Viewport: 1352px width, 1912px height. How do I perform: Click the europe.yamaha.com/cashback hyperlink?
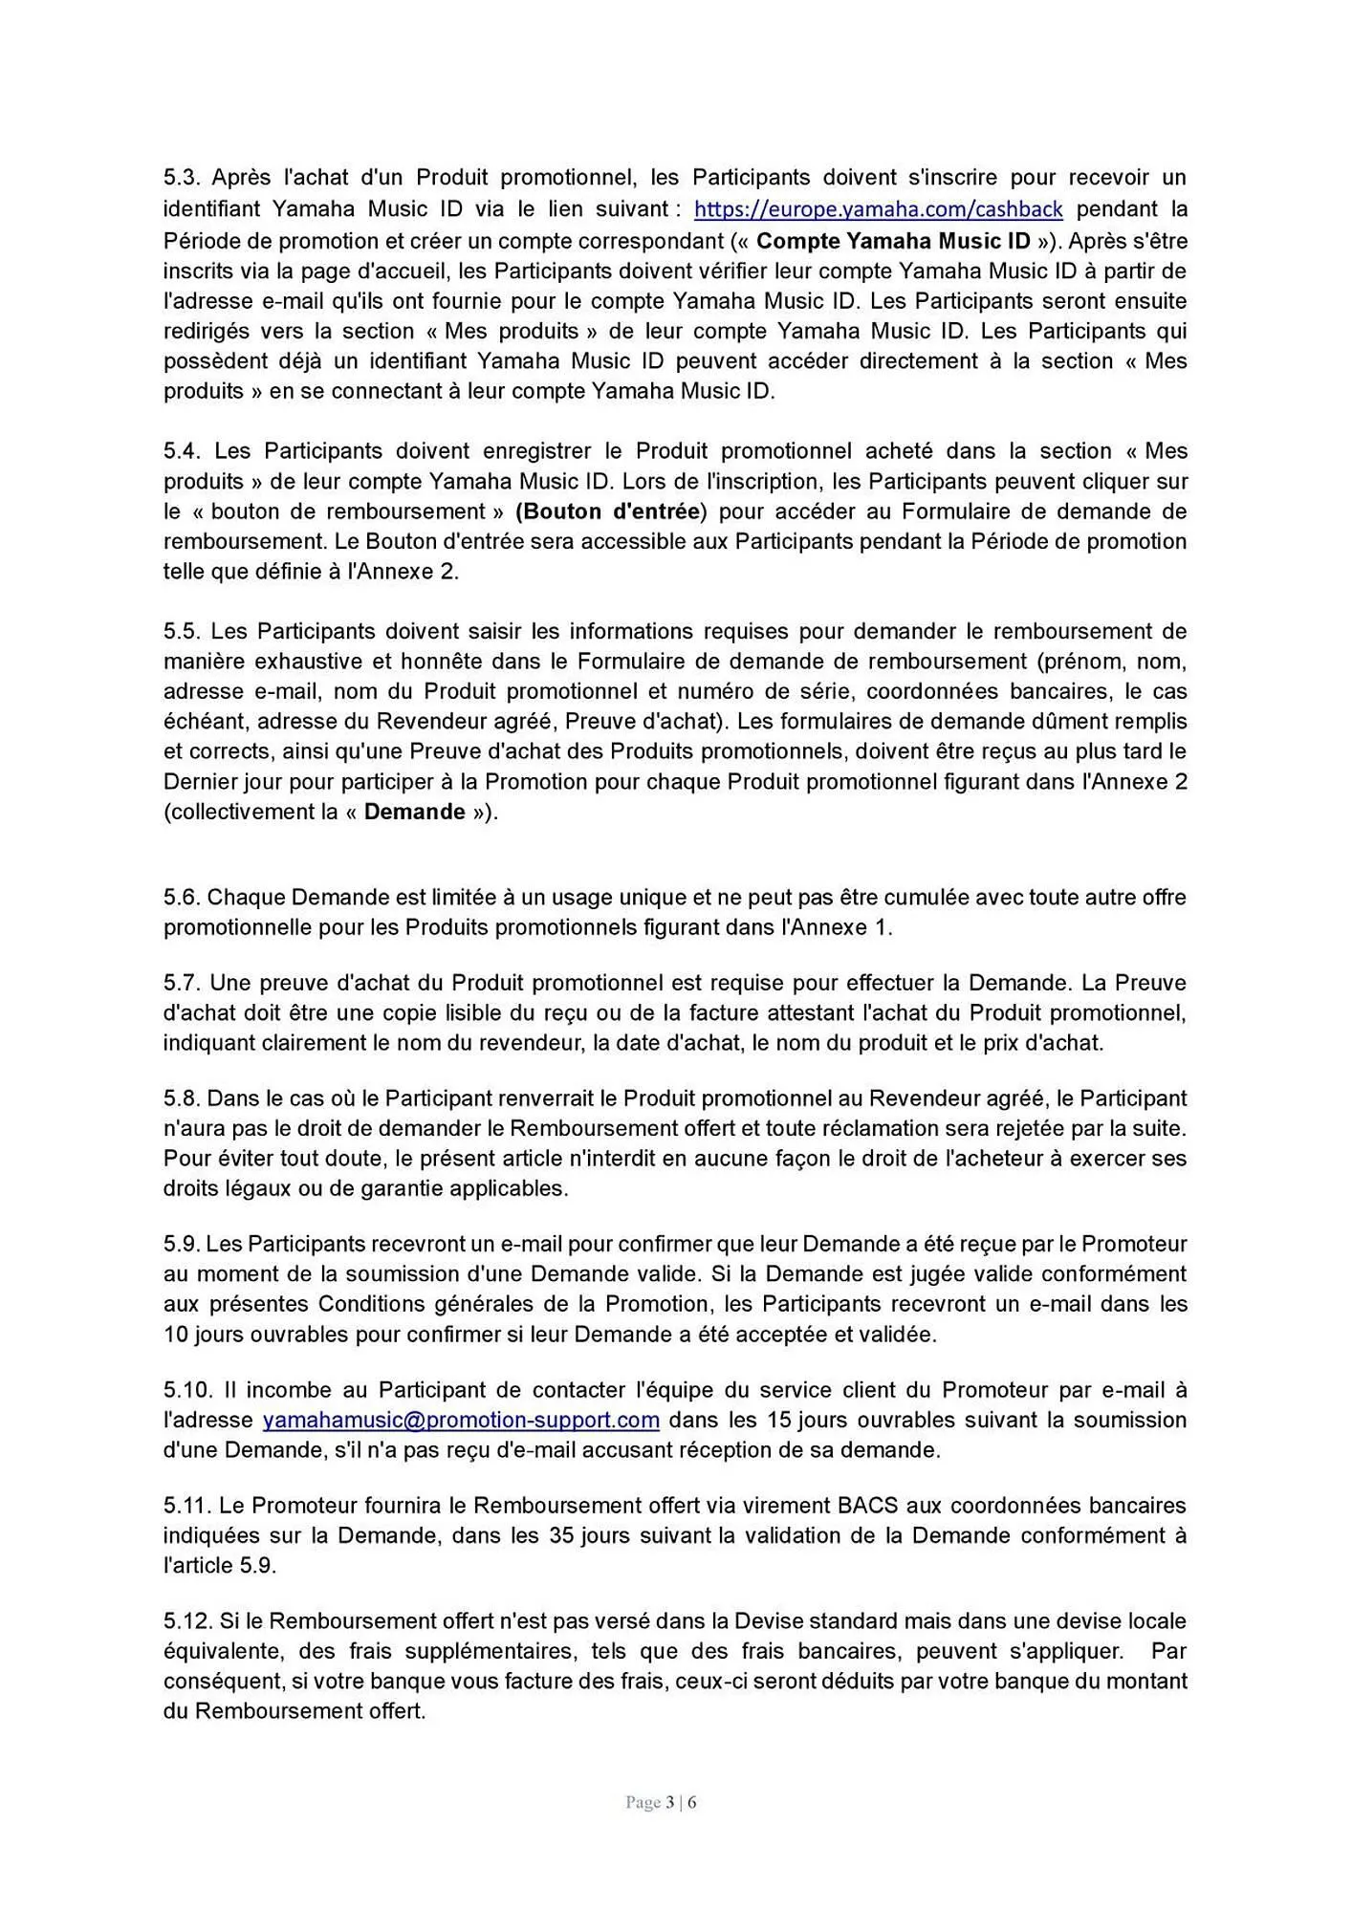[878, 209]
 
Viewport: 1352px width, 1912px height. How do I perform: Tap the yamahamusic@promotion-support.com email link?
[461, 1420]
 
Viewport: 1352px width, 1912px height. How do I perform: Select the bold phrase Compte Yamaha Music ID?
[893, 240]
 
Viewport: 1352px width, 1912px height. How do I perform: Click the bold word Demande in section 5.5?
[414, 813]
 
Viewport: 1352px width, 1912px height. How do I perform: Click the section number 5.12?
[185, 1621]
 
